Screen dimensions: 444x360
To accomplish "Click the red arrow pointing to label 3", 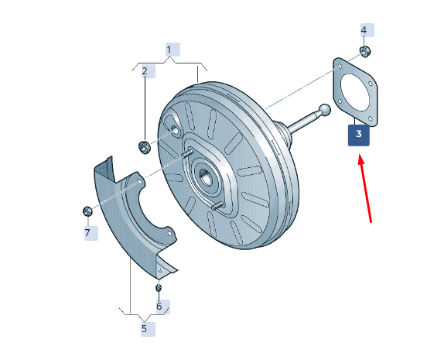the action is [x=365, y=188].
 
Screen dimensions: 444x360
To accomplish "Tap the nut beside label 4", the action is [x=365, y=52].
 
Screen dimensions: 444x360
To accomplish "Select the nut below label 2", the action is [x=145, y=147].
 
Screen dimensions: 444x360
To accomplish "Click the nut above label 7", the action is [x=87, y=211].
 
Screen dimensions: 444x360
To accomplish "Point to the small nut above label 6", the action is [x=159, y=288].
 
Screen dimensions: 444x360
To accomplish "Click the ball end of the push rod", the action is [x=325, y=110].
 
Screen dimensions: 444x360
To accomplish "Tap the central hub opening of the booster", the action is [x=206, y=178].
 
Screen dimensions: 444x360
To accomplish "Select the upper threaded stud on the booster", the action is [x=187, y=154].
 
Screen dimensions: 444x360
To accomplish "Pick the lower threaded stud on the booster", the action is [x=217, y=205].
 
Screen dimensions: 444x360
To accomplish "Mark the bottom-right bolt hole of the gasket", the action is [x=370, y=118].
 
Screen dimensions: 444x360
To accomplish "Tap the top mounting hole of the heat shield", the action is [x=139, y=181].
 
